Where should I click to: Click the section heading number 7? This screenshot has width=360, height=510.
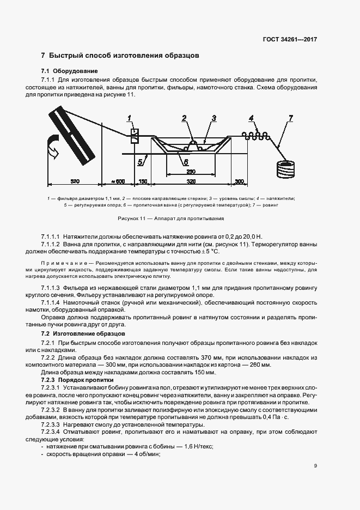click(43, 56)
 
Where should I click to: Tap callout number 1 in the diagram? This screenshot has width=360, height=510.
click(130, 118)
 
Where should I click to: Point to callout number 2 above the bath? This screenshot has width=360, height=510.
click(184, 118)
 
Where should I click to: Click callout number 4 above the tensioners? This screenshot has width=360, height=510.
click(251, 118)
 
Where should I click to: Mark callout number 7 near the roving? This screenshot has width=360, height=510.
click(291, 118)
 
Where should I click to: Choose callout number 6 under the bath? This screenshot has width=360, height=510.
click(185, 162)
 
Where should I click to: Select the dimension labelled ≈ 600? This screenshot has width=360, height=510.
click(118, 181)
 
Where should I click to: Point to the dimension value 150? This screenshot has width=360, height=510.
click(143, 181)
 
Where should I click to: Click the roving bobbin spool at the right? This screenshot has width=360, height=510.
click(286, 168)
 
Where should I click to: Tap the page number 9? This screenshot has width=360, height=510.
click(315, 465)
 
